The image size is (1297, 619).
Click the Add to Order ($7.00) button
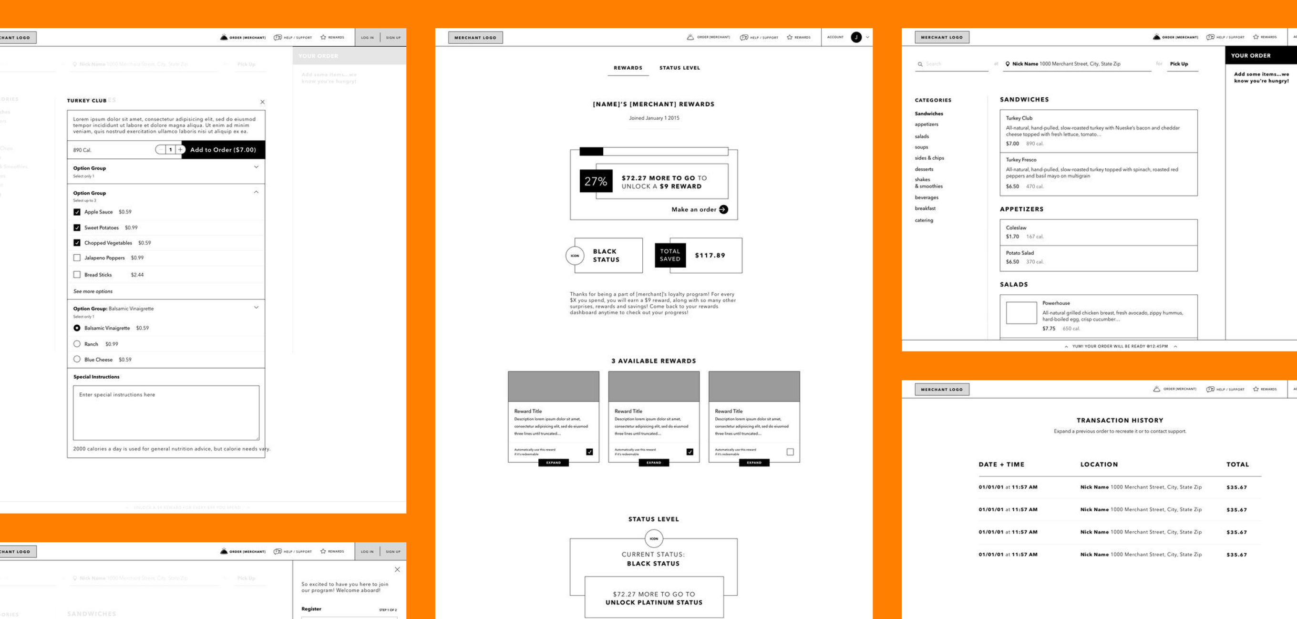coord(223,150)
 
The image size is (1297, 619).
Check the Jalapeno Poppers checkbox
coord(77,258)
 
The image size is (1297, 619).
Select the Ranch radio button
coord(77,344)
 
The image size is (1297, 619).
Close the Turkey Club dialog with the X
coord(262,102)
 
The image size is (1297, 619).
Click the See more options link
coord(93,291)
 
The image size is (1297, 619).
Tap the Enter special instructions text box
coord(166,413)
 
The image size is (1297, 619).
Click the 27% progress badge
coord(596,181)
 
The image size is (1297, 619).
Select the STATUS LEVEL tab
coord(679,68)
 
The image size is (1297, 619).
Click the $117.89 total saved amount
coord(710,255)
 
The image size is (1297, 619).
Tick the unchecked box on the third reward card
coord(790,452)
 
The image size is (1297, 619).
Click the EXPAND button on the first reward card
coord(553,463)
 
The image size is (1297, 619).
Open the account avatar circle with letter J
coord(856,37)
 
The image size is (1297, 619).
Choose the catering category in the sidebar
coord(924,220)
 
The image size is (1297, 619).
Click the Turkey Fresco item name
coord(1020,160)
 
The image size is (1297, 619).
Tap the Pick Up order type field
coord(1179,64)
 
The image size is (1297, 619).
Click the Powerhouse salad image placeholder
coord(1021,313)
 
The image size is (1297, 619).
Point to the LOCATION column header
coord(1099,464)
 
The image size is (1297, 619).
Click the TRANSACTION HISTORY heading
coord(1120,420)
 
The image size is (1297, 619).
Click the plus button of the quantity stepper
coord(180,150)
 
